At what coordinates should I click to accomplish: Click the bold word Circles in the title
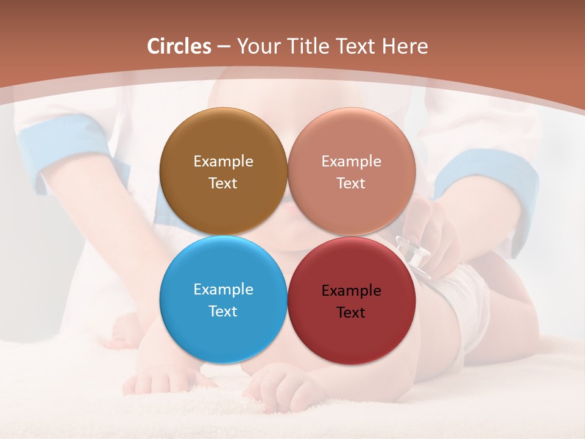tap(179, 46)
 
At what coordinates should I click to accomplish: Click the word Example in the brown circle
tap(223, 162)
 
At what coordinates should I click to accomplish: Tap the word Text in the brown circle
tap(223, 184)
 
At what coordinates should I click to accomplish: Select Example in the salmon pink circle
tap(351, 162)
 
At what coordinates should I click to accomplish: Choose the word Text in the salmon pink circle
tap(351, 184)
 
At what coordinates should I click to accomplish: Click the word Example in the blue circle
tap(223, 290)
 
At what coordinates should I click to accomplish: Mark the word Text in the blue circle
tap(223, 312)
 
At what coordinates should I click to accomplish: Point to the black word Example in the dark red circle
tap(351, 291)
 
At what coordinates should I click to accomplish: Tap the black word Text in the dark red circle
tap(351, 313)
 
